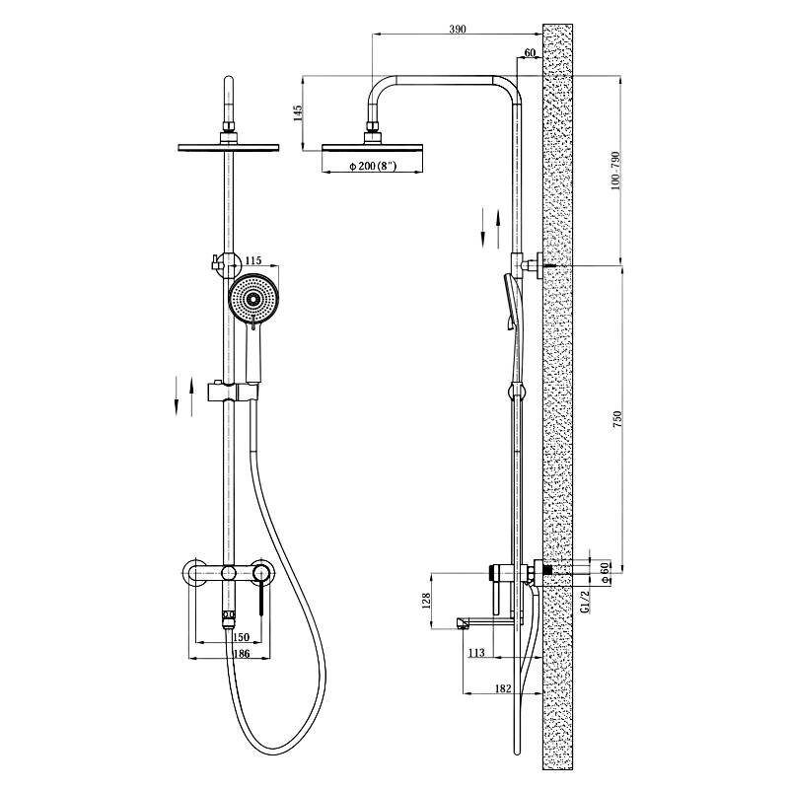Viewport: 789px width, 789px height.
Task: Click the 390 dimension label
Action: click(458, 29)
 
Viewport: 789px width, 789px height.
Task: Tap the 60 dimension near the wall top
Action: click(530, 53)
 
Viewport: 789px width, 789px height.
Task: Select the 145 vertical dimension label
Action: click(298, 113)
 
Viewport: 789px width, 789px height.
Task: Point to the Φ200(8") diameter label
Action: click(373, 166)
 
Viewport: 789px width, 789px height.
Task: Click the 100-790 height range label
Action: click(615, 170)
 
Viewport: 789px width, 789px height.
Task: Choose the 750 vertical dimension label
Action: click(617, 419)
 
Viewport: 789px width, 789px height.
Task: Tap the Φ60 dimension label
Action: click(606, 572)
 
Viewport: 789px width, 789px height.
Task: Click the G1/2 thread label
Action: click(585, 602)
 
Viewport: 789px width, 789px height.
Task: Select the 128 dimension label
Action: click(426, 601)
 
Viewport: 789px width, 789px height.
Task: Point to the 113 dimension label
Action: click(476, 653)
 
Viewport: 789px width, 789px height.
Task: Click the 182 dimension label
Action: click(503, 688)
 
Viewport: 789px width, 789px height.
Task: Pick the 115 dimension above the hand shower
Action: click(253, 260)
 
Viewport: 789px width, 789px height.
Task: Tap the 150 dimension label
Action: click(242, 637)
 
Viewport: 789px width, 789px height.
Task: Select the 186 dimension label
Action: click(242, 653)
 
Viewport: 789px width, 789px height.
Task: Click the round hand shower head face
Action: click(253, 299)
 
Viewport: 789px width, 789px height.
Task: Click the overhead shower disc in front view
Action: click(229, 147)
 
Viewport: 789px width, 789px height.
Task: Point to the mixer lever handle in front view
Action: click(261, 598)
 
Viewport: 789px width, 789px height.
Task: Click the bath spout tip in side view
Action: click(463, 623)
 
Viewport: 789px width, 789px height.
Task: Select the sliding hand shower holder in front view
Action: click(234, 392)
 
